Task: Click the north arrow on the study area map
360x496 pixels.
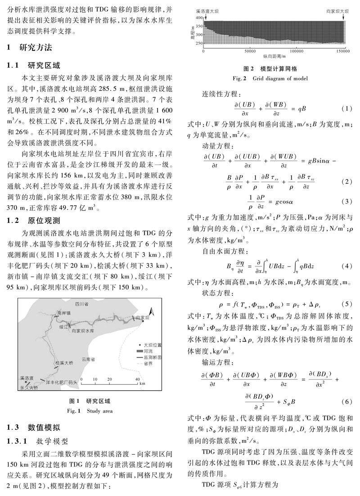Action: (x=152, y=310)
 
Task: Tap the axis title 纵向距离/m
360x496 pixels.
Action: (x=275, y=57)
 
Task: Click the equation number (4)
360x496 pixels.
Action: (x=346, y=270)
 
